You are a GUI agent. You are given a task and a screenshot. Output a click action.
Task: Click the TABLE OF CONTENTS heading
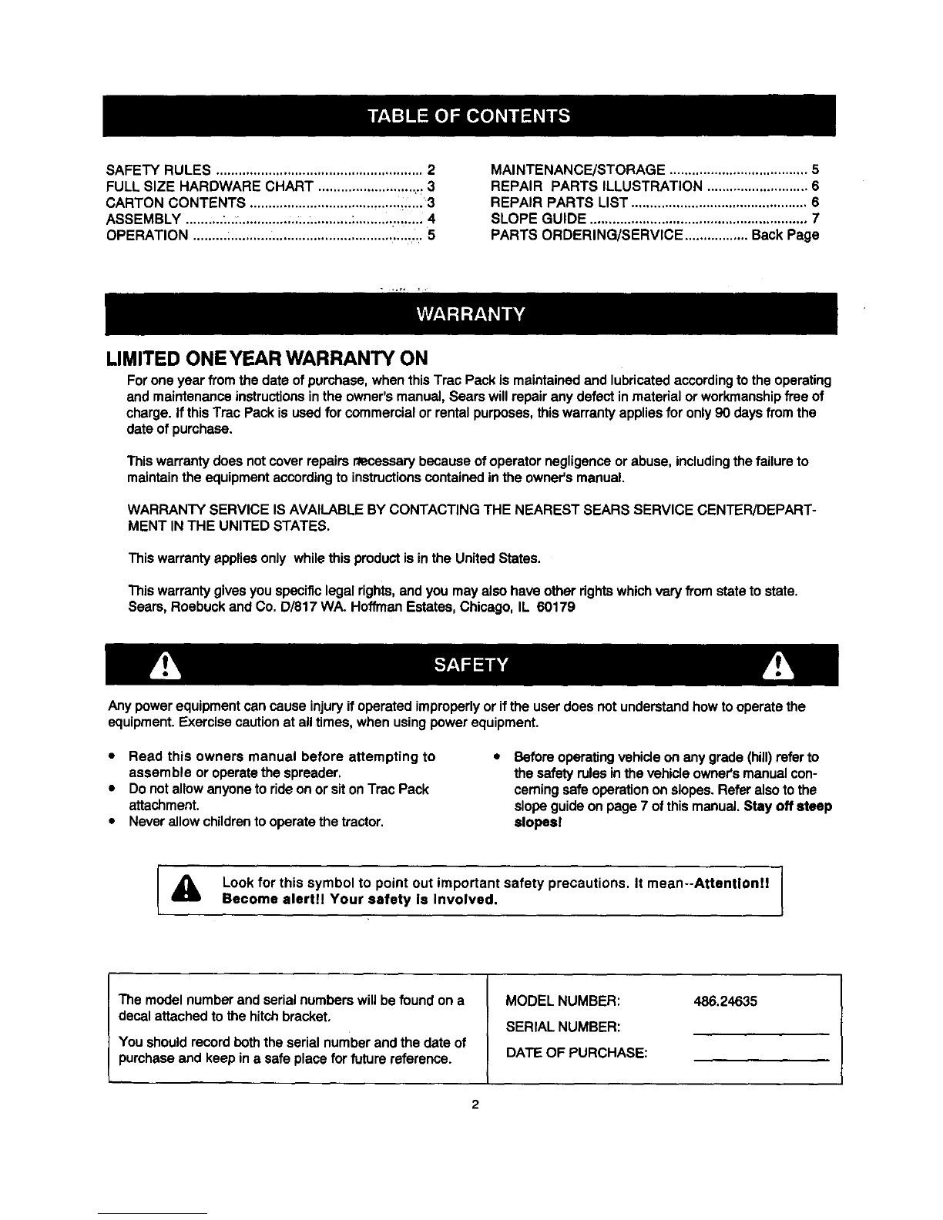pos(469,116)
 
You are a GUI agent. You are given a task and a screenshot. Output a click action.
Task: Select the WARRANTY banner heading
pos(470,314)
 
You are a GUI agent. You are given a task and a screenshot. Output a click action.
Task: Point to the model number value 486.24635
pos(725,1002)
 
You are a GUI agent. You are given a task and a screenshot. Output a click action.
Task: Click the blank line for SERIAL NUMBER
pos(760,1032)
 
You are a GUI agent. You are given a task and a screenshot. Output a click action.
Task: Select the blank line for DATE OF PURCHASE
pos(760,1061)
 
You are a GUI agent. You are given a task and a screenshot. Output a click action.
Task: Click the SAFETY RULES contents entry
pos(159,169)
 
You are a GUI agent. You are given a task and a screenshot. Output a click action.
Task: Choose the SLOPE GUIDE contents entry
pos(538,219)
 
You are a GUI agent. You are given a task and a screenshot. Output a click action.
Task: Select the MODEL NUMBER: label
pos(562,1002)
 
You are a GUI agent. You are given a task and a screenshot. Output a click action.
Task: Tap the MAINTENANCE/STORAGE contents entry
pos(578,169)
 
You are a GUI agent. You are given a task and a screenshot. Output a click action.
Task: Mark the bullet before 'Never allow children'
pos(112,823)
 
